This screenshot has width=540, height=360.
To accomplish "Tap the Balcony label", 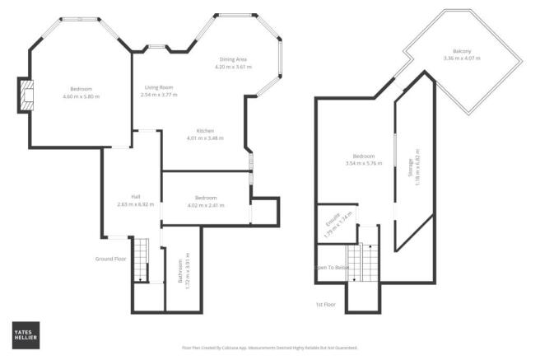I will pyautogui.click(x=461, y=50).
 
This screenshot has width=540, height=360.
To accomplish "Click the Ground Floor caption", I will pyautogui.click(x=110, y=259).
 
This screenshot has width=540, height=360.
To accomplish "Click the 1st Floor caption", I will pyautogui.click(x=326, y=304).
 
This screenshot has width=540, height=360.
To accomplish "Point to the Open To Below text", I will pyautogui.click(x=331, y=268).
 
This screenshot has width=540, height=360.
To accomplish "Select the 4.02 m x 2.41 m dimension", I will pyautogui.click(x=206, y=204).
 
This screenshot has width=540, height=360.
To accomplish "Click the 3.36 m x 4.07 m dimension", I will pyautogui.click(x=461, y=58).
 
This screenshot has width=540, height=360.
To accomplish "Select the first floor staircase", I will pyautogui.click(x=363, y=263).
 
